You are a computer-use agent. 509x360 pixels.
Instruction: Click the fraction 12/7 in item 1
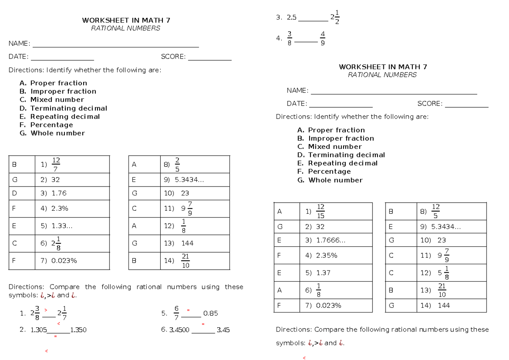click(56, 165)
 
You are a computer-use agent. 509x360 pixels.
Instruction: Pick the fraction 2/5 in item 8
click(177, 165)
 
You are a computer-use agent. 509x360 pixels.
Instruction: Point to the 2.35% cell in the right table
click(327, 256)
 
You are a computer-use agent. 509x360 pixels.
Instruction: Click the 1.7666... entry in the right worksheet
click(330, 240)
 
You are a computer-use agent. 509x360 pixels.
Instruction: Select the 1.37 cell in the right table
click(323, 273)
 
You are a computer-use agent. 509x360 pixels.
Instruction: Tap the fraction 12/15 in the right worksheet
click(321, 211)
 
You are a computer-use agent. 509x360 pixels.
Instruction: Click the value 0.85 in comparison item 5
click(210, 314)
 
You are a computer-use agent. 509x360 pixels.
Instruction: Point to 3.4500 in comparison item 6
click(179, 329)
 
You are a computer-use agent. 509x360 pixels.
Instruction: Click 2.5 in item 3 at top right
click(292, 18)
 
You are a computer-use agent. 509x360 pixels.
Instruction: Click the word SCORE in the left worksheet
click(173, 56)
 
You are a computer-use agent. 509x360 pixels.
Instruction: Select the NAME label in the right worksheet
click(297, 90)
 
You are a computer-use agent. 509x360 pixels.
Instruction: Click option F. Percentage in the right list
click(324, 171)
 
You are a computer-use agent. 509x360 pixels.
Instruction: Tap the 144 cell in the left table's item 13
click(187, 243)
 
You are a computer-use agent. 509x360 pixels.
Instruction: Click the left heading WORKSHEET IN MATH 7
click(126, 20)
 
